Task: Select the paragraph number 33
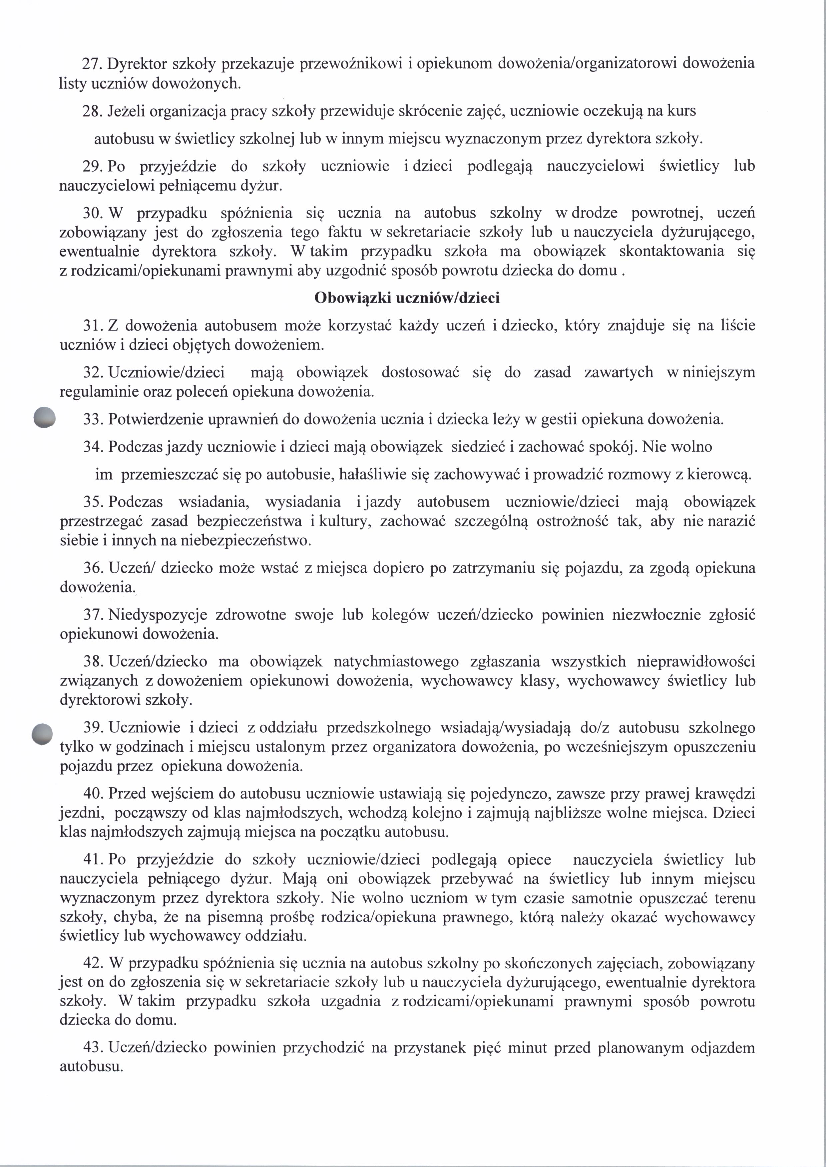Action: pyautogui.click(x=93, y=420)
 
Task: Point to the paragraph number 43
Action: pyautogui.click(x=93, y=1048)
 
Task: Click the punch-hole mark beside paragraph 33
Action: pyautogui.click(x=44, y=418)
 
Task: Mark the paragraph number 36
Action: pyautogui.click(x=93, y=568)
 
